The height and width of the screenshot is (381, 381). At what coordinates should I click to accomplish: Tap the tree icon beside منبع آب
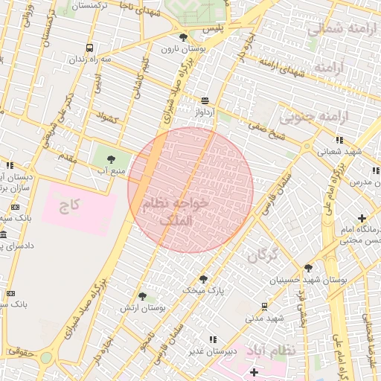point(111,159)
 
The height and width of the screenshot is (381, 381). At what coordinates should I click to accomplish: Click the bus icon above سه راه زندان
point(90,48)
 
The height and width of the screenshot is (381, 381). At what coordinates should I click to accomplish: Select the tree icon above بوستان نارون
point(183,36)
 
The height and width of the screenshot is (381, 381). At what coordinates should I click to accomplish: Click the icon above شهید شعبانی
point(339,139)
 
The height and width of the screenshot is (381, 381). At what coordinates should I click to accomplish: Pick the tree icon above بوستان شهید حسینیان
point(308,268)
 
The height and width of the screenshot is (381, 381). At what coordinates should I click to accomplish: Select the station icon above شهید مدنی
point(264,306)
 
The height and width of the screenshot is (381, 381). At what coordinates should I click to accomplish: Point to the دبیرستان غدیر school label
point(212,350)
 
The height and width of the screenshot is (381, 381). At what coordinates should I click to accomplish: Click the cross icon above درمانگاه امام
point(362,218)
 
